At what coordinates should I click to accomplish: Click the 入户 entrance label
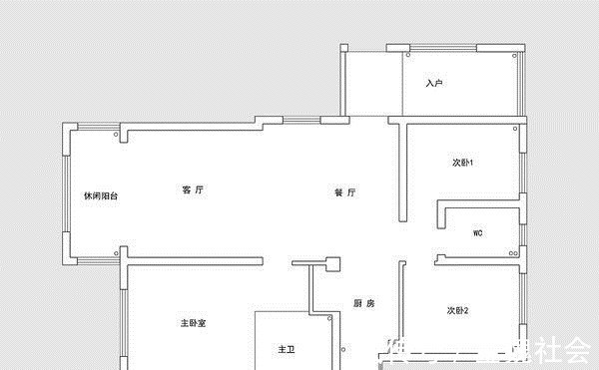click(x=433, y=83)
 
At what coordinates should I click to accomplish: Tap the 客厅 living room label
click(x=193, y=189)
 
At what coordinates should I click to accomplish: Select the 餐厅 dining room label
click(x=345, y=192)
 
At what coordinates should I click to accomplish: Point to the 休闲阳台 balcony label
click(x=101, y=196)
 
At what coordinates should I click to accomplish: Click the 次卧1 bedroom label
click(x=462, y=163)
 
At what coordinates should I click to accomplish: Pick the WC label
click(x=478, y=232)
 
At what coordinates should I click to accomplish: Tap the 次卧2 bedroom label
click(x=458, y=311)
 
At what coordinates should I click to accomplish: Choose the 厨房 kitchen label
click(x=364, y=304)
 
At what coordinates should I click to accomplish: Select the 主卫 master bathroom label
click(x=287, y=350)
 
